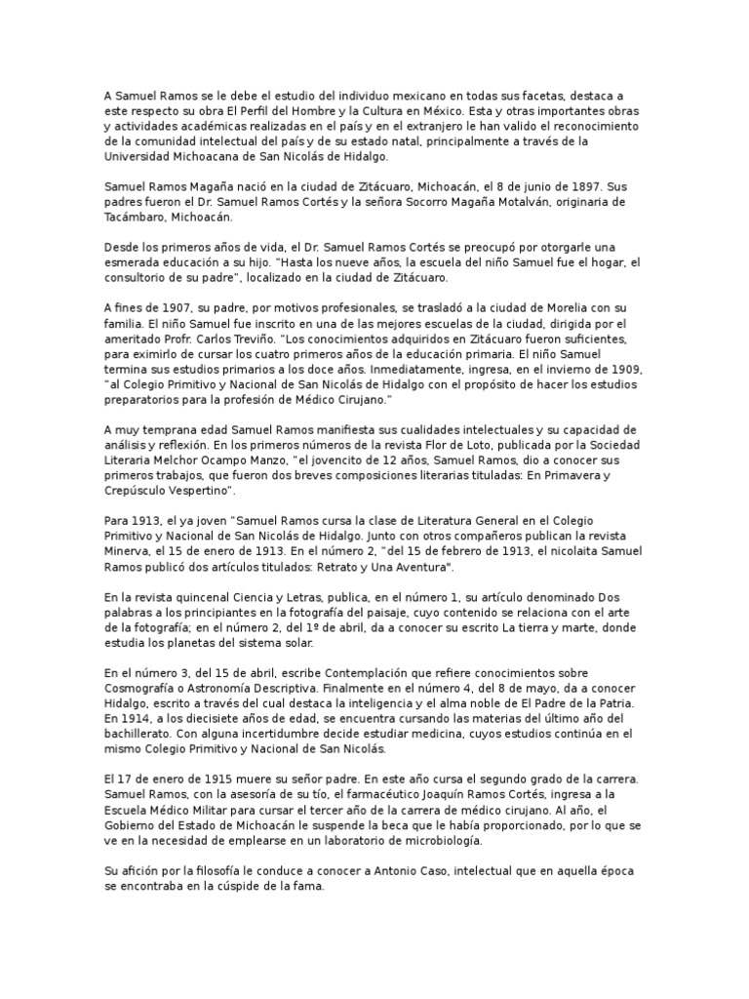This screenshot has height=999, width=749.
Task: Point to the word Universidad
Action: (138, 155)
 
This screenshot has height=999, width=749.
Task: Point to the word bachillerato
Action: (141, 736)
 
